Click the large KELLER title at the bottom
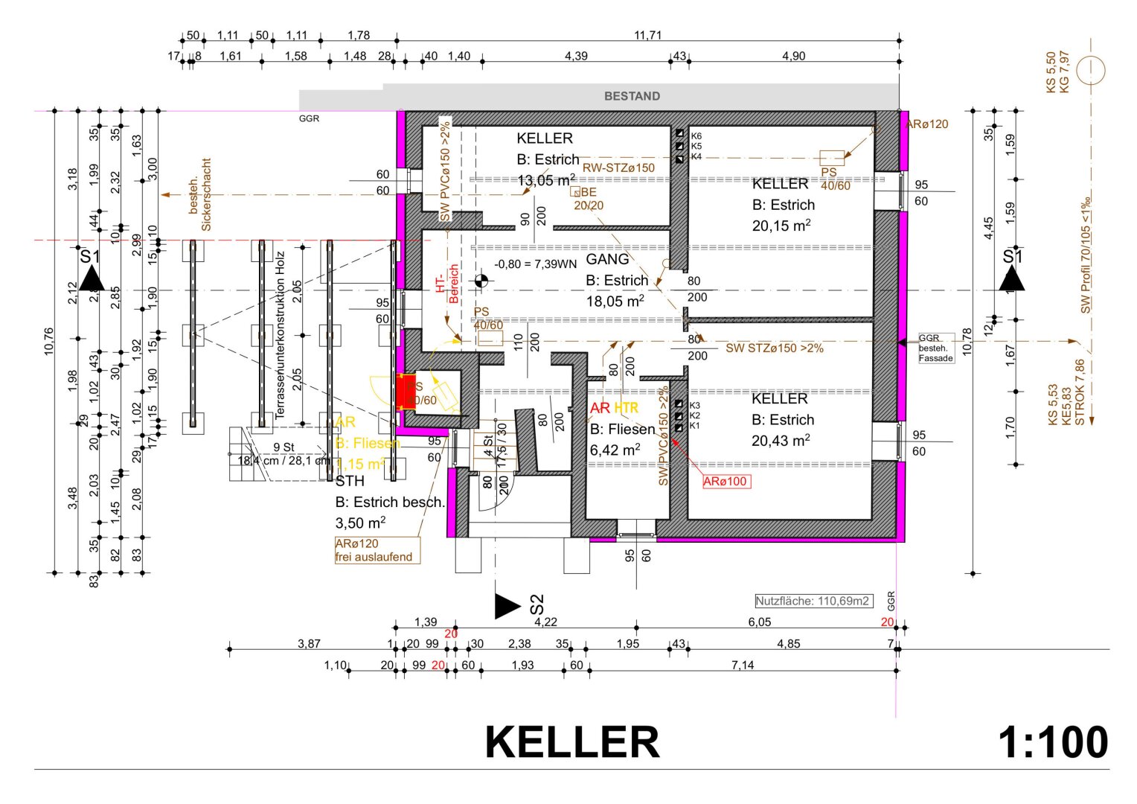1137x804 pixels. point(571,742)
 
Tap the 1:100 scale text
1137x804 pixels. point(1052,742)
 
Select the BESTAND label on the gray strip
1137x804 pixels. point(632,96)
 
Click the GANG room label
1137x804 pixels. point(607,259)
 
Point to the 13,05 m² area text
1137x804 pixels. point(546,180)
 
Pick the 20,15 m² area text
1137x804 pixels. point(781,226)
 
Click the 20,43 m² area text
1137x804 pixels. point(781,441)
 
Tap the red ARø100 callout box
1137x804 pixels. point(726,481)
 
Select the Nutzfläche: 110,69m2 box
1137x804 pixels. point(813,601)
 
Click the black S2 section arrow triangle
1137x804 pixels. point(507,606)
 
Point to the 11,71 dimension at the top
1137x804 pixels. point(647,35)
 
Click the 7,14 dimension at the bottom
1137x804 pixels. point(742,665)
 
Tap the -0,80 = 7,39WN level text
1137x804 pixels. point(536,264)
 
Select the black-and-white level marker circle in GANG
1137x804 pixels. point(481,281)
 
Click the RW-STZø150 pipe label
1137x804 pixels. point(618,167)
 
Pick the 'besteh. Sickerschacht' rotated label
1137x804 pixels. point(200,194)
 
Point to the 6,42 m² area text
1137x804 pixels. point(615,450)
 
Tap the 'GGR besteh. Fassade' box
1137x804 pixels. point(935,348)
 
